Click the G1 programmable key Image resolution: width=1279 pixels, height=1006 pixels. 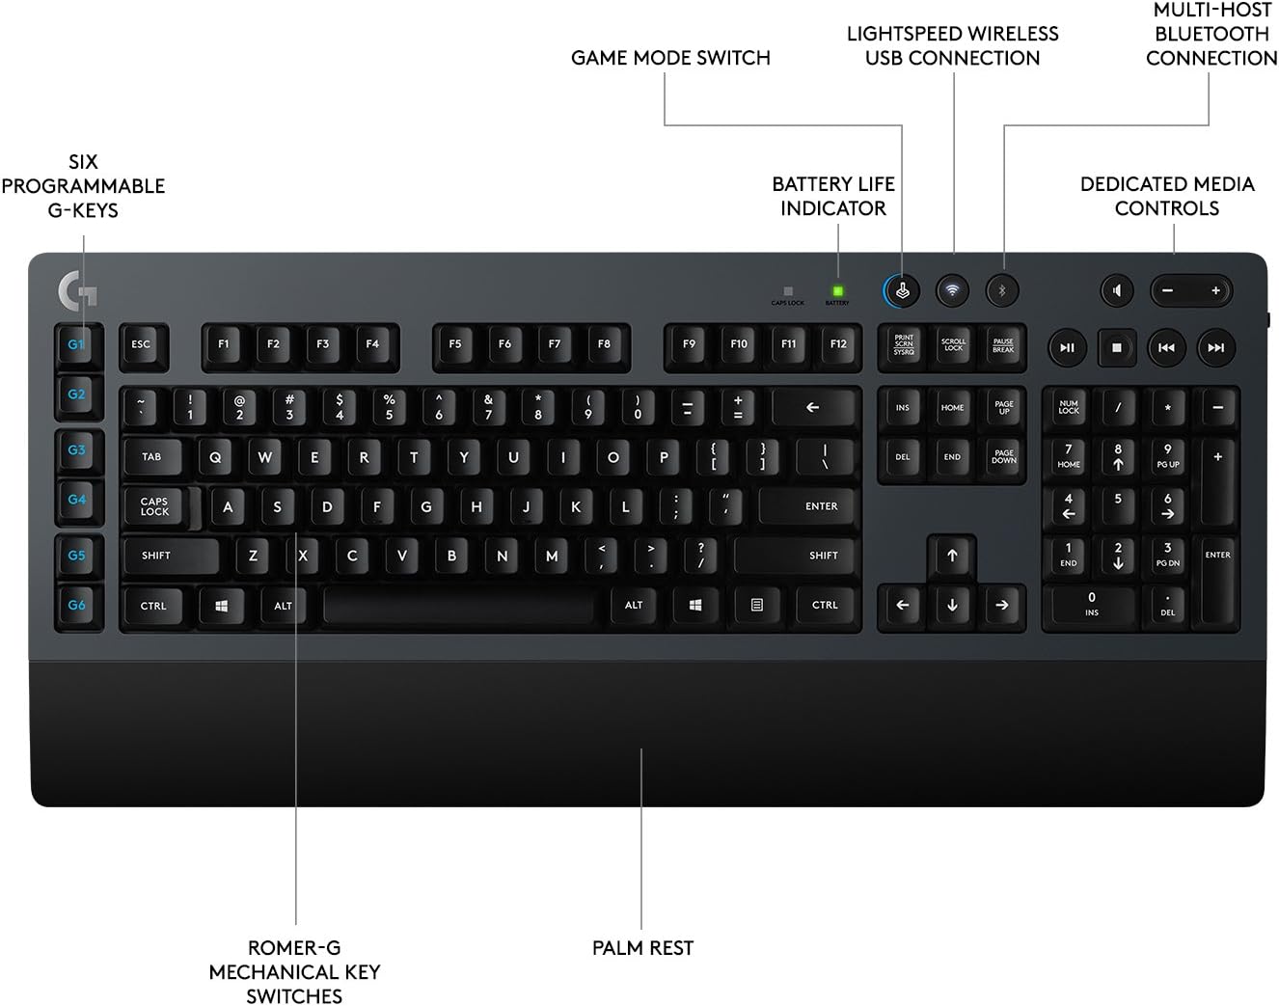(x=77, y=344)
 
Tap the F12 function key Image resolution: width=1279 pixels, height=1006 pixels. (x=838, y=344)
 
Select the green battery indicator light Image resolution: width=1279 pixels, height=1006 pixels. (x=837, y=290)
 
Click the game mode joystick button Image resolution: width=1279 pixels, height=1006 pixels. (x=903, y=290)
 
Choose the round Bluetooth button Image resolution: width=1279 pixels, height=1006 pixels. (x=1002, y=290)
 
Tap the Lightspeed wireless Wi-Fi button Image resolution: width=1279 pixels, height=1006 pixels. (x=953, y=290)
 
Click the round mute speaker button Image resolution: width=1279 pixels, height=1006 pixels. (x=1117, y=290)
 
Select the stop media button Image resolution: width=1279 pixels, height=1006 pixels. (x=1117, y=347)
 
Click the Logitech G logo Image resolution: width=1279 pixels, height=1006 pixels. (x=77, y=289)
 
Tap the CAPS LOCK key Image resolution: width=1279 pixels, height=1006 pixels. (x=154, y=506)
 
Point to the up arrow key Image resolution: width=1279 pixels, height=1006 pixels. (x=952, y=556)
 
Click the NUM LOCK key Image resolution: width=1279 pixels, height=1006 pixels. (x=1068, y=408)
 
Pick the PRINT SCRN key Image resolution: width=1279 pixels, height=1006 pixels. (x=903, y=345)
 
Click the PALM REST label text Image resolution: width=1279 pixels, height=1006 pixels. (x=642, y=948)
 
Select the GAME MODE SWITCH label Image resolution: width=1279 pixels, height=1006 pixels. (x=670, y=58)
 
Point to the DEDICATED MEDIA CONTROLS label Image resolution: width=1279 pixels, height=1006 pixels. (x=1167, y=196)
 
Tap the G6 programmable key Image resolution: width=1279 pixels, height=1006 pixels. (x=77, y=605)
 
